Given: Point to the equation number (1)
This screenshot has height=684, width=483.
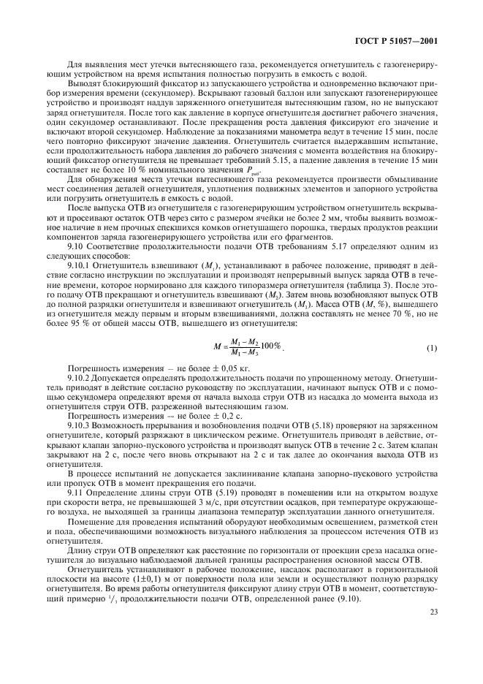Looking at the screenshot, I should point(433,346).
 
